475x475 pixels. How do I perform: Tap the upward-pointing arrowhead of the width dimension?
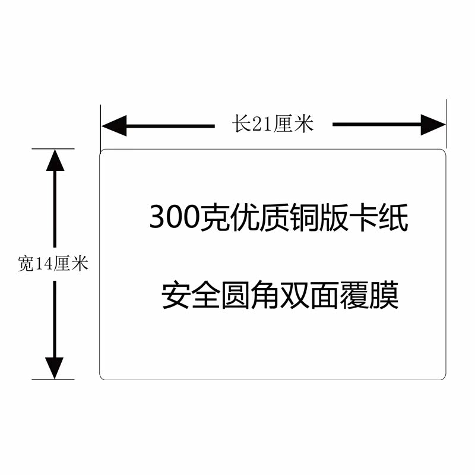(55, 160)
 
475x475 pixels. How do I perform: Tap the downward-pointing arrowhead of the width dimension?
(55, 368)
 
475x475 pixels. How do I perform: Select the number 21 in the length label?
(261, 124)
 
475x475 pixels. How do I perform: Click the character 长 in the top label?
(240, 124)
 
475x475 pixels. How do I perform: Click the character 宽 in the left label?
(26, 264)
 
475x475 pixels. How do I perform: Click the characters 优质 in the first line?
(259, 218)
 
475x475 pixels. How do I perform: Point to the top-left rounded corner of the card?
(102, 153)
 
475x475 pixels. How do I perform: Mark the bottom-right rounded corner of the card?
(443, 376)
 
